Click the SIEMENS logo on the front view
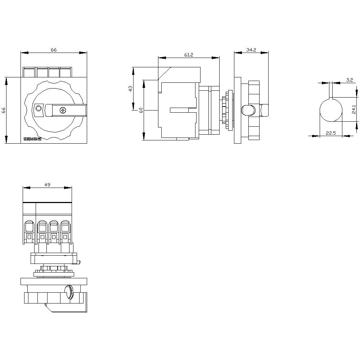pos(32,139)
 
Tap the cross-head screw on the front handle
pos(63,110)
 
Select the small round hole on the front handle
pos(39,108)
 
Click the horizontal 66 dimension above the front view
pos(54,50)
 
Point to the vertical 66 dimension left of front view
pos(4,110)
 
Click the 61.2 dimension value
pos(189,55)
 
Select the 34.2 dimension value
pos(251,50)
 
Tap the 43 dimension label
pos(131,88)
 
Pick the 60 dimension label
pos(141,110)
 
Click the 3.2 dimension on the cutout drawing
pos(349,80)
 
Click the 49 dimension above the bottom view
pos(47,185)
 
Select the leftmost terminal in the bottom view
pos(28,232)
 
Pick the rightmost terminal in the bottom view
pos(65,232)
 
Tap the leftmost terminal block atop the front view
pos(29,72)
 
